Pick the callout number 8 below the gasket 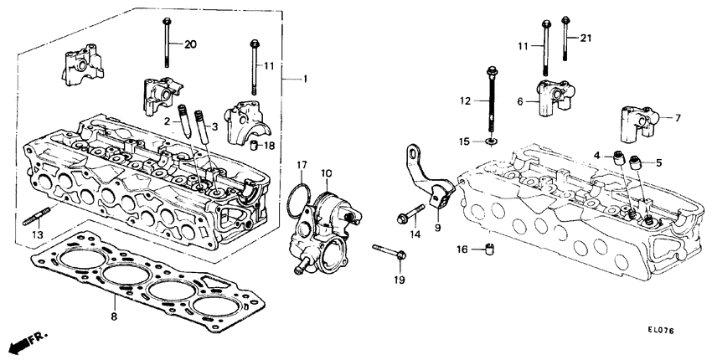coord(114,317)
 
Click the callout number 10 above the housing coord(326,173)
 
